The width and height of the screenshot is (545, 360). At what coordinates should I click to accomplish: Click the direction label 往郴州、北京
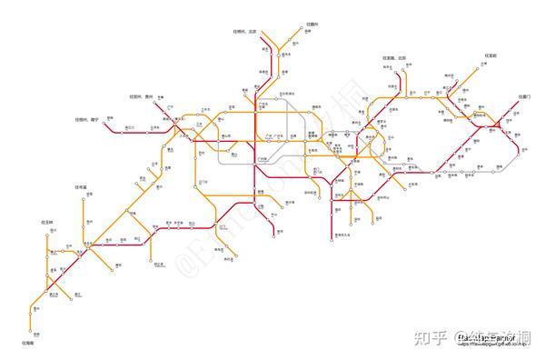(x=245, y=32)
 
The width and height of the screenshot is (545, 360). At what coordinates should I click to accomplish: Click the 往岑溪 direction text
(x=80, y=186)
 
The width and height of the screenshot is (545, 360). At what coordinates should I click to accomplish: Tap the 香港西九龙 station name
(x=345, y=235)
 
